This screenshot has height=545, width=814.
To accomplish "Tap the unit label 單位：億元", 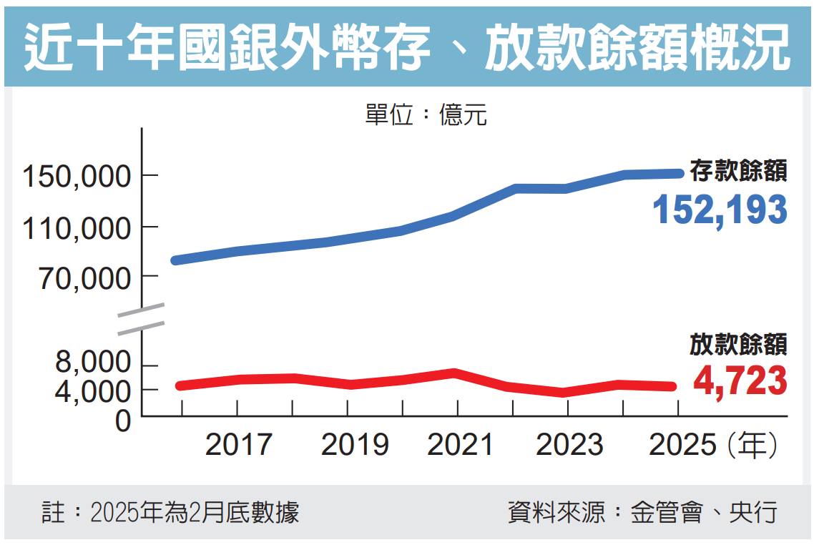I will [x=426, y=114].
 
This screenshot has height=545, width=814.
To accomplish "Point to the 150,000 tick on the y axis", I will [x=77, y=176].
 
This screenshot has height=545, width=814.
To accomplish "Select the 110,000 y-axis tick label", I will [x=77, y=229].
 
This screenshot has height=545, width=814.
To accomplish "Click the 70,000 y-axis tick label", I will [x=85, y=279].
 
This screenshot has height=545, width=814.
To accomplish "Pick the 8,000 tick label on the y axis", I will [x=94, y=363].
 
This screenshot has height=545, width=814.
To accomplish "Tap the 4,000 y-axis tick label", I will [x=94, y=391].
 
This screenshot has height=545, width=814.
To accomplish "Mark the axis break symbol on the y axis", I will [x=142, y=319].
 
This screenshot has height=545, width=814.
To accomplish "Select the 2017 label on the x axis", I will [x=238, y=446].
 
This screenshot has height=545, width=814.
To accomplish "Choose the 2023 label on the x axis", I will [x=569, y=446].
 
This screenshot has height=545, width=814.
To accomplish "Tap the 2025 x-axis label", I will [x=682, y=446].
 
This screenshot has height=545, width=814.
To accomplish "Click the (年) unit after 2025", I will [x=751, y=446].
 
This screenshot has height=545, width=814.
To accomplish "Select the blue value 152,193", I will [x=720, y=210].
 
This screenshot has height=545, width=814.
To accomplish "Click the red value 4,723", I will [x=740, y=380].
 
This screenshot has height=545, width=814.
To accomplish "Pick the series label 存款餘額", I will [x=738, y=170].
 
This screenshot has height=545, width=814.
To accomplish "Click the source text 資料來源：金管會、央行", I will [x=642, y=513].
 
